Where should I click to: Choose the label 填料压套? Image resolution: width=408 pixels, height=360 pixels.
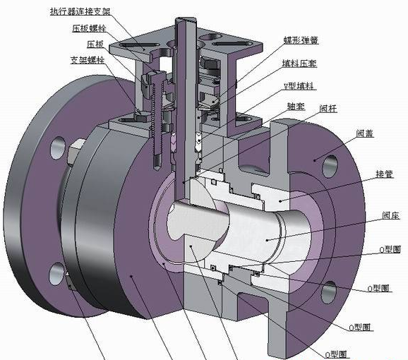[x=299, y=64]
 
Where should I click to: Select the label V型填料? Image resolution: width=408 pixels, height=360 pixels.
[x=299, y=85]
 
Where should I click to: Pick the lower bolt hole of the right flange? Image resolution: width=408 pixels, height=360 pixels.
[x=328, y=289]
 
